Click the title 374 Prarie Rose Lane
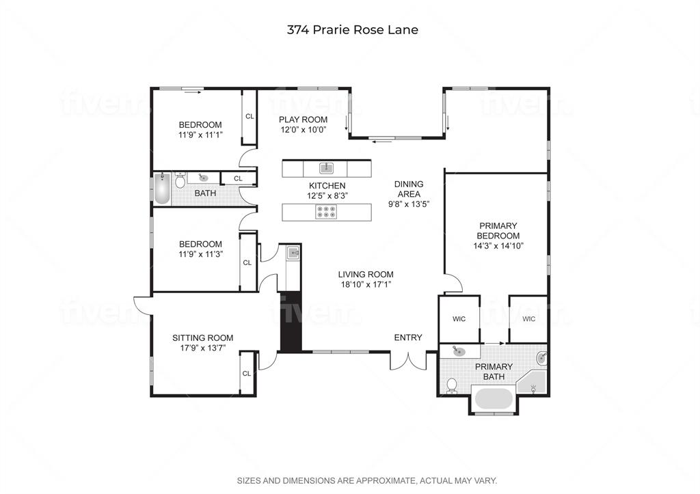[x=353, y=30]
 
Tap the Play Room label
[x=303, y=120]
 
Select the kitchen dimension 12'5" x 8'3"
[x=327, y=195]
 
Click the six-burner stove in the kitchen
[x=326, y=212]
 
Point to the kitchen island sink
[x=326, y=168]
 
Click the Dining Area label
[x=409, y=189]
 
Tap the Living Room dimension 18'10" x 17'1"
[x=366, y=284]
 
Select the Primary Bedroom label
[x=498, y=231]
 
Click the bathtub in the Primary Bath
[x=494, y=398]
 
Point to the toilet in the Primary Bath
[x=453, y=385]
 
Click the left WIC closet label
[x=459, y=319]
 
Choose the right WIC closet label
[x=528, y=319]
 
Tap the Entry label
[x=408, y=338]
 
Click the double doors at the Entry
[x=409, y=361]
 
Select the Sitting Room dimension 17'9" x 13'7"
[x=202, y=348]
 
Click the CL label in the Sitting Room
[x=247, y=374]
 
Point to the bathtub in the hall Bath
[x=162, y=189]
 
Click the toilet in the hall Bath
[x=180, y=180]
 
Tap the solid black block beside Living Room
[x=291, y=321]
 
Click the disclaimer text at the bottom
[x=367, y=480]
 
